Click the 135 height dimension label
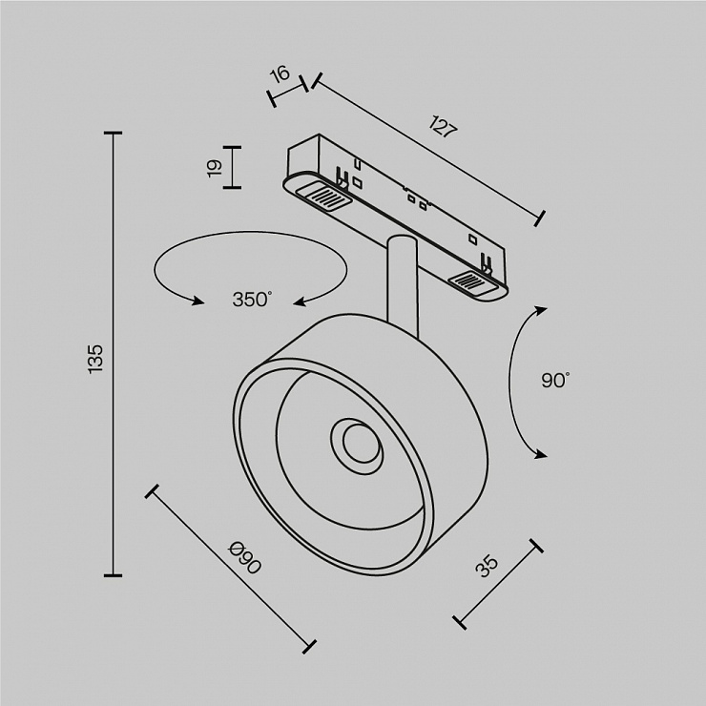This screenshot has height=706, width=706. coord(96,359)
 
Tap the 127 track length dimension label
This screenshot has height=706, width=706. coord(444,127)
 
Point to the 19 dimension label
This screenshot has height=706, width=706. coord(216,168)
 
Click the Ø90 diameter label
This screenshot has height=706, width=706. coord(244,558)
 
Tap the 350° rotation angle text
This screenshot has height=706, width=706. coord(252,300)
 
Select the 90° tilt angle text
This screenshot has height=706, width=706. coord(555,381)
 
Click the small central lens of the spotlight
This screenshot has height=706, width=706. coord(361,443)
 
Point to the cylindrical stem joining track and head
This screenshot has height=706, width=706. coord(402,283)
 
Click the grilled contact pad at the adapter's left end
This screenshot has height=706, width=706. coord(322,197)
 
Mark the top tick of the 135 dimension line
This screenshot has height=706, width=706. coord(113,134)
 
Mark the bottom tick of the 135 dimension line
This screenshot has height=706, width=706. coord(113,575)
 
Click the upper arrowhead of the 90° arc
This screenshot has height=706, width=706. coord(540,311)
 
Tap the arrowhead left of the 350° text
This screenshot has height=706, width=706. coord(198,301)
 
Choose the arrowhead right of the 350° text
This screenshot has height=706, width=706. coord(300,301)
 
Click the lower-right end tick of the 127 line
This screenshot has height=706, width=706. coord(540,218)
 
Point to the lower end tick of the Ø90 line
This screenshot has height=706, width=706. coord(309,647)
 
